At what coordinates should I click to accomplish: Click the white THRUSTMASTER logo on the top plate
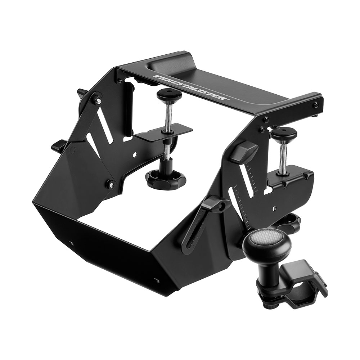191,88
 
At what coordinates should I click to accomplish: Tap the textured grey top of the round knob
268,237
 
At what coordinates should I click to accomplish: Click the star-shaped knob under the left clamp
166,177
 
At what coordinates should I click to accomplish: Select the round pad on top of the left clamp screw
169,95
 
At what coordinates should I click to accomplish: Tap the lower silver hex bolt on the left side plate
111,185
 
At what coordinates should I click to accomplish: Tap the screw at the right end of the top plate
316,105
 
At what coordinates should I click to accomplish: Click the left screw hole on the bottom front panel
71,243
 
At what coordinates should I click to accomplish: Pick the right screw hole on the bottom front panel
156,280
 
